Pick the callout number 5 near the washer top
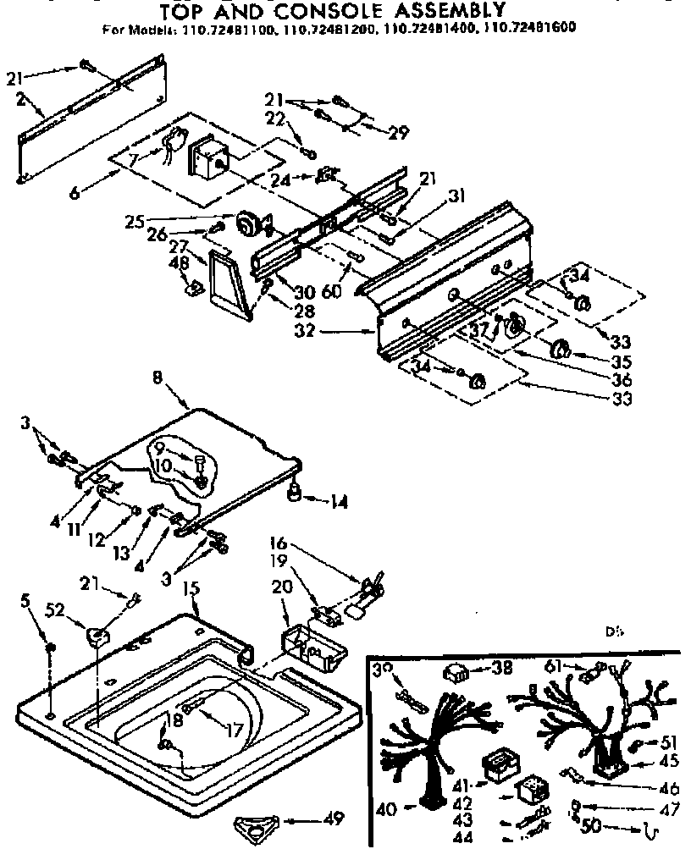pos(25,602)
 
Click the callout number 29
pos(397,133)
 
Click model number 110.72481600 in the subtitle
pos(533,27)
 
